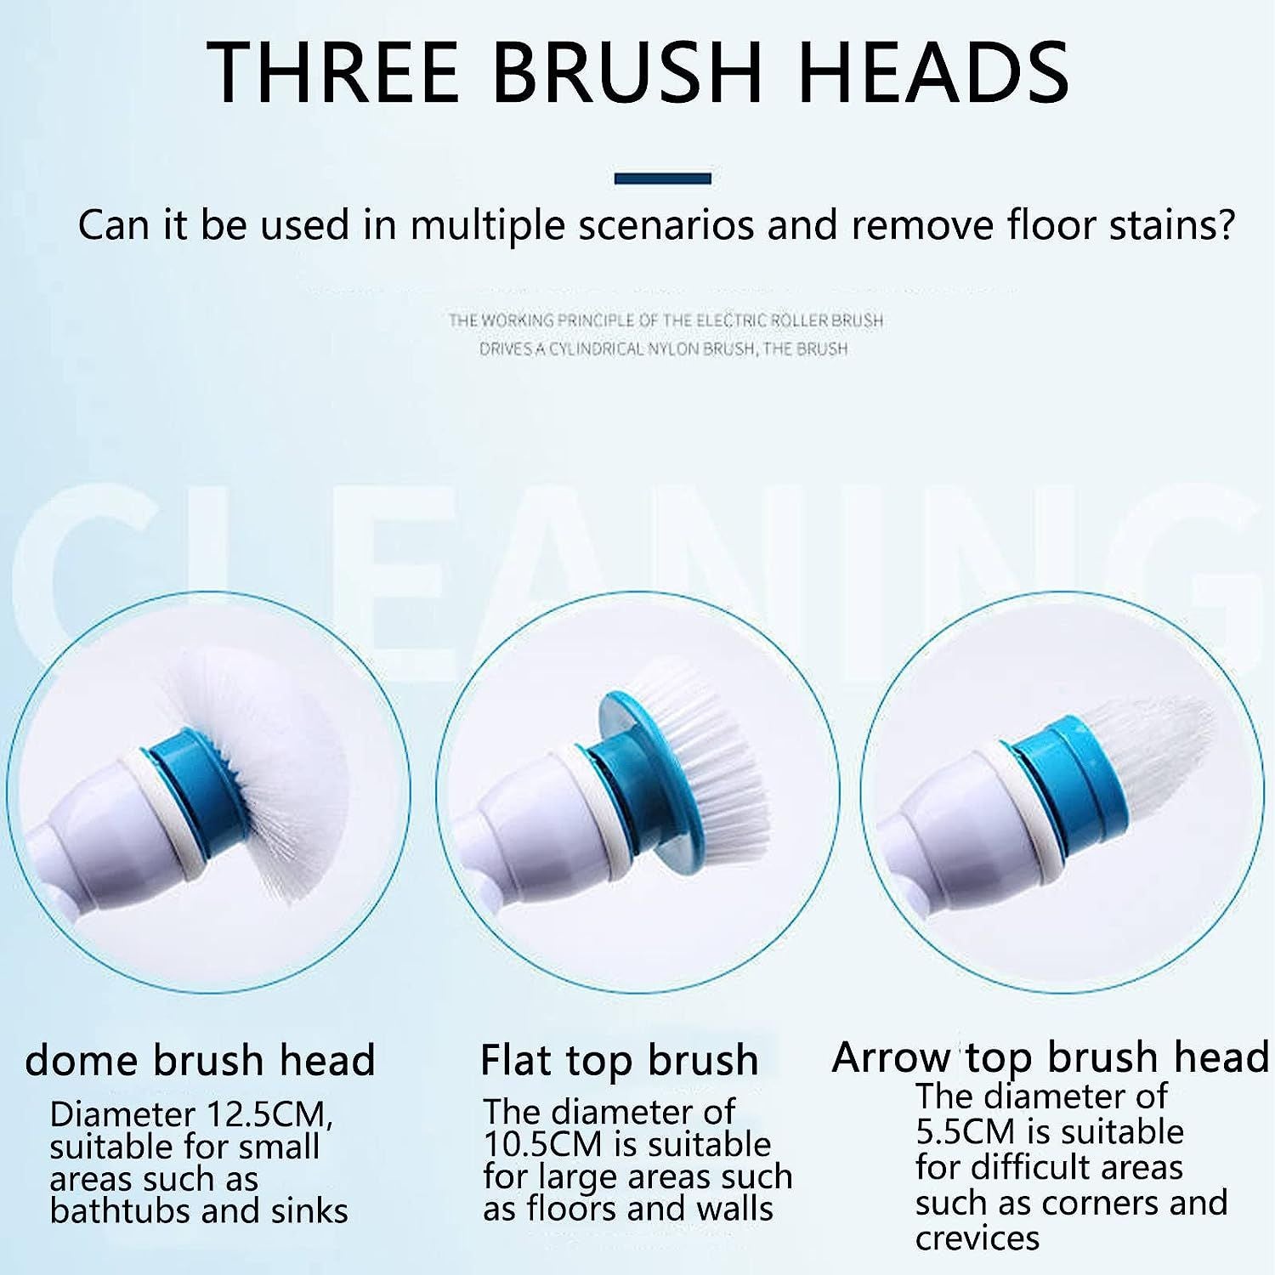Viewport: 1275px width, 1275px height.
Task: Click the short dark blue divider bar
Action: pyautogui.click(x=662, y=178)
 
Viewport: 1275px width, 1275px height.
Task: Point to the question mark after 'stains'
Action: pyautogui.click(x=1223, y=226)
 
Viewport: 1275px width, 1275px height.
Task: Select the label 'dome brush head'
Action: pyautogui.click(x=200, y=1060)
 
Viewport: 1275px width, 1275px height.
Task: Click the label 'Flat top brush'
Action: pyautogui.click(x=619, y=1060)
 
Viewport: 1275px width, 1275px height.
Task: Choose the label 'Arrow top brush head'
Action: pyautogui.click(x=1050, y=1057)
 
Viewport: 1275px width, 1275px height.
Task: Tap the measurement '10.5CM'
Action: pyautogui.click(x=541, y=1144)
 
